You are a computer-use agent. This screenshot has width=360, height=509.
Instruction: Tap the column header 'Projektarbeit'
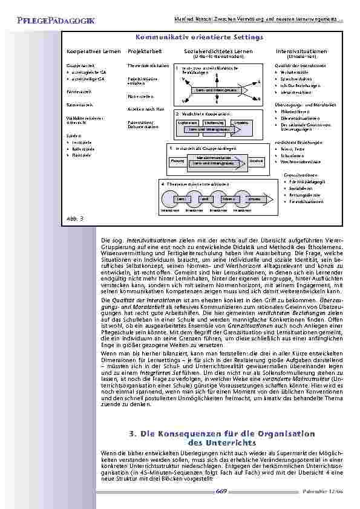point(143,51)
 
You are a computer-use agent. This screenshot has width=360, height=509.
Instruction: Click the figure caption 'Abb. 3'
point(73,217)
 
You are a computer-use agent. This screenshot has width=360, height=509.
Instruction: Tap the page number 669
point(221,491)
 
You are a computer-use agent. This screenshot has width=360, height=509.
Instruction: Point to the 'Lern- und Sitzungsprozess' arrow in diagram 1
point(213,90)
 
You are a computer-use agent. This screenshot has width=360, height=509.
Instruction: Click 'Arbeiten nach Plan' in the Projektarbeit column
point(143,108)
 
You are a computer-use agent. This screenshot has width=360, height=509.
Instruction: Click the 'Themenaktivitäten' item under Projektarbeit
point(144,65)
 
